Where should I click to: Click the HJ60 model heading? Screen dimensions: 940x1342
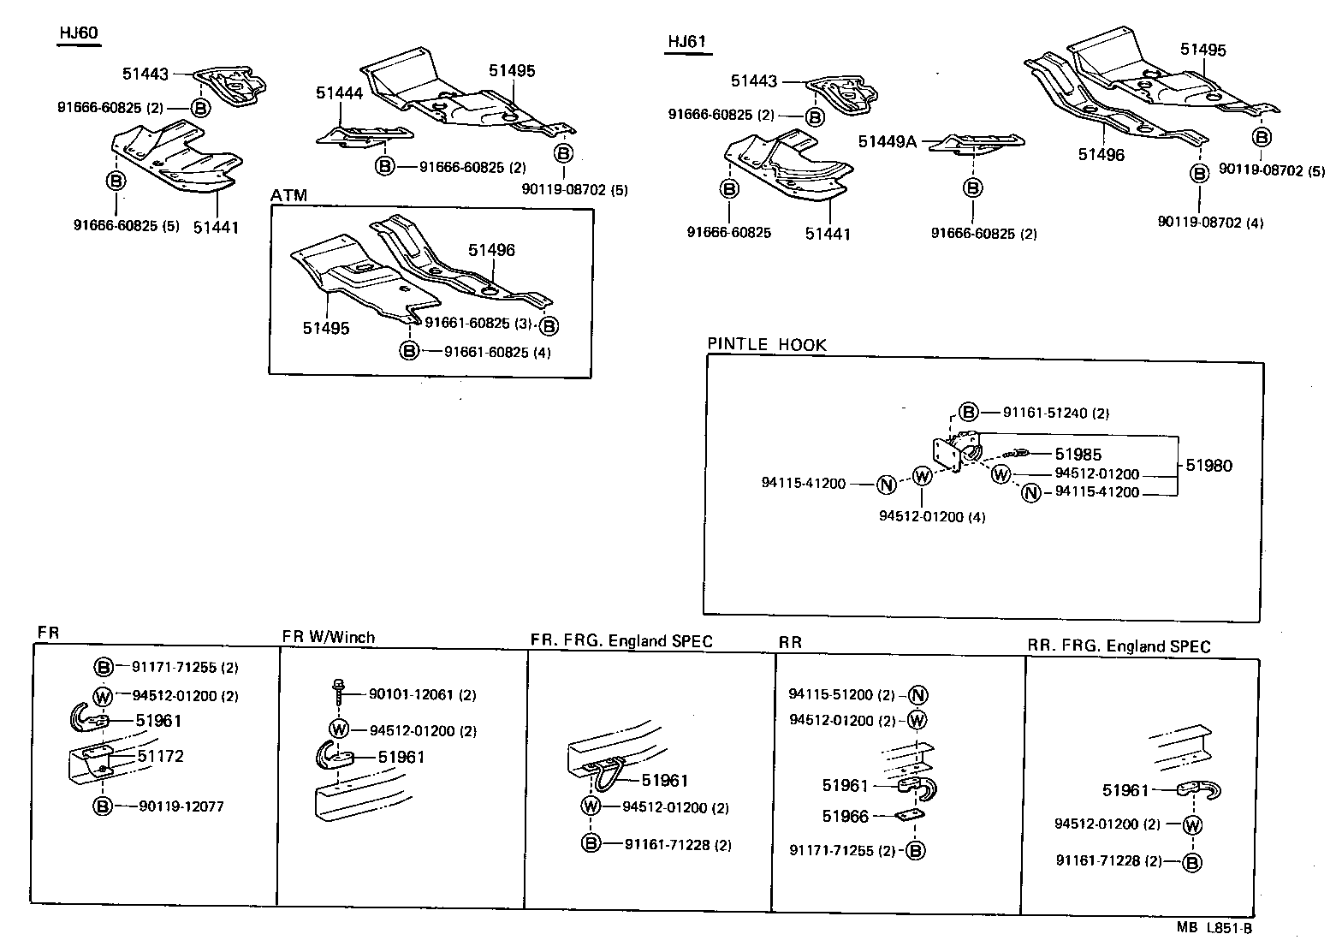tap(79, 33)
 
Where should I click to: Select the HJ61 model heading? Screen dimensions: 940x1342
tap(688, 42)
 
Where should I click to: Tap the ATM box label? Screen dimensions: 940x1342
tap(288, 196)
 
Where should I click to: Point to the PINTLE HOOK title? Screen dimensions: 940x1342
tap(767, 345)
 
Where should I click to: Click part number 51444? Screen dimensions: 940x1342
tap(339, 93)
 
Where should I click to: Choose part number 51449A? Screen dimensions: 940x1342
tap(888, 141)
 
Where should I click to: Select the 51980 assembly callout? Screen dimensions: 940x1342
tap(1208, 466)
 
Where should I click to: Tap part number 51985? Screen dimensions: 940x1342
tap(1078, 455)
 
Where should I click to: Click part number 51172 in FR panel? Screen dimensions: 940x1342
tap(160, 756)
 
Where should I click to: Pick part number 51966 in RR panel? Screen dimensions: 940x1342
tap(845, 816)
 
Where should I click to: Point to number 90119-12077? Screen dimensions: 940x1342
tap(181, 806)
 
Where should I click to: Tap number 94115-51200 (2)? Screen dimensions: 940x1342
tap(841, 695)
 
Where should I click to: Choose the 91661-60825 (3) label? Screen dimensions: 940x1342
tap(478, 323)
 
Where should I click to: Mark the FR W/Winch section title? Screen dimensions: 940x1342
tap(328, 637)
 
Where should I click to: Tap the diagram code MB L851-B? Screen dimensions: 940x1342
tap(1214, 927)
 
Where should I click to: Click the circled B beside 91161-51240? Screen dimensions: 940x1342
tap(967, 412)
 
